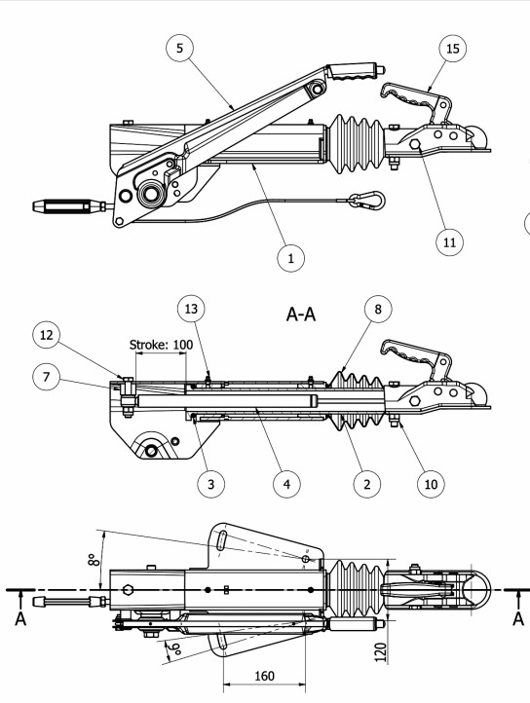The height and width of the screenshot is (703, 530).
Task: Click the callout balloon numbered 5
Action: click(x=179, y=48)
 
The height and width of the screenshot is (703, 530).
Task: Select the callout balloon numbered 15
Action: click(x=452, y=48)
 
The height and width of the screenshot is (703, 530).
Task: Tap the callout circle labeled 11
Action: click(x=449, y=242)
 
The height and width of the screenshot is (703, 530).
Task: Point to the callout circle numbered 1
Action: click(x=290, y=258)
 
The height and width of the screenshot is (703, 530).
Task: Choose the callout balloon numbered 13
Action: click(x=191, y=309)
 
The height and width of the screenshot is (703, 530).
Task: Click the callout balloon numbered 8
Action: click(x=378, y=309)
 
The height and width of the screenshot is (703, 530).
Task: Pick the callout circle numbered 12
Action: click(x=46, y=335)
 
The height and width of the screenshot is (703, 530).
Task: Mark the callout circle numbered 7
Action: click(x=46, y=377)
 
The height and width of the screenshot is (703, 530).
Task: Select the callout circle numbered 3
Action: click(x=210, y=484)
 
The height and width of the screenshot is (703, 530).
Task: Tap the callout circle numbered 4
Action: click(x=286, y=484)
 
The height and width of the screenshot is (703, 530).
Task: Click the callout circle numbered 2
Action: click(x=367, y=484)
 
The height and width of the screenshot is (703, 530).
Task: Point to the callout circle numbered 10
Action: click(x=431, y=484)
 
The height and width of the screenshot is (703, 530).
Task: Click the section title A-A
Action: click(x=301, y=314)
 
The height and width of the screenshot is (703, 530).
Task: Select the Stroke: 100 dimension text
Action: click(x=161, y=345)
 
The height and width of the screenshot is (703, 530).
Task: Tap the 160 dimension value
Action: click(x=264, y=676)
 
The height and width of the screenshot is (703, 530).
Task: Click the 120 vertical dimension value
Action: click(x=380, y=652)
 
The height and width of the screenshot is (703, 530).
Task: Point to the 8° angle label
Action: click(x=93, y=560)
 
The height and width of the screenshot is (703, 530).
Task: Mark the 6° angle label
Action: click(x=173, y=648)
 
